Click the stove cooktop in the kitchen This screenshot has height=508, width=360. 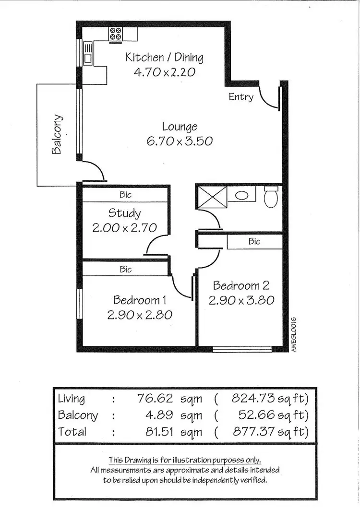tap(115, 33)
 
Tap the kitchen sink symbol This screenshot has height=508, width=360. tap(88, 53)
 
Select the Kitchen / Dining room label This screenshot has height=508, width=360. tap(164, 58)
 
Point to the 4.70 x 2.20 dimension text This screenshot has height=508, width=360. tap(164, 72)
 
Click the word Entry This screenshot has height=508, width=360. tap(240, 97)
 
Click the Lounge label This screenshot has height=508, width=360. tap(180, 127)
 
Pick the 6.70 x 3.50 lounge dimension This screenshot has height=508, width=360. tap(180, 141)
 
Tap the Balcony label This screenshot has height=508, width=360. tap(57, 134)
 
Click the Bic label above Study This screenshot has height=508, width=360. tap(125, 195)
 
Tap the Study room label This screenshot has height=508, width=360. tap(124, 213)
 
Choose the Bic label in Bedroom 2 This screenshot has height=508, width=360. tap(254, 241)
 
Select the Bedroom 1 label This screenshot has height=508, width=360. tap(139, 300)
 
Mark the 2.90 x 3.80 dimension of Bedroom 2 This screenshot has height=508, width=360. tap(241, 300)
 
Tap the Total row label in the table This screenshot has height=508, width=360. tap(72, 431)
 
